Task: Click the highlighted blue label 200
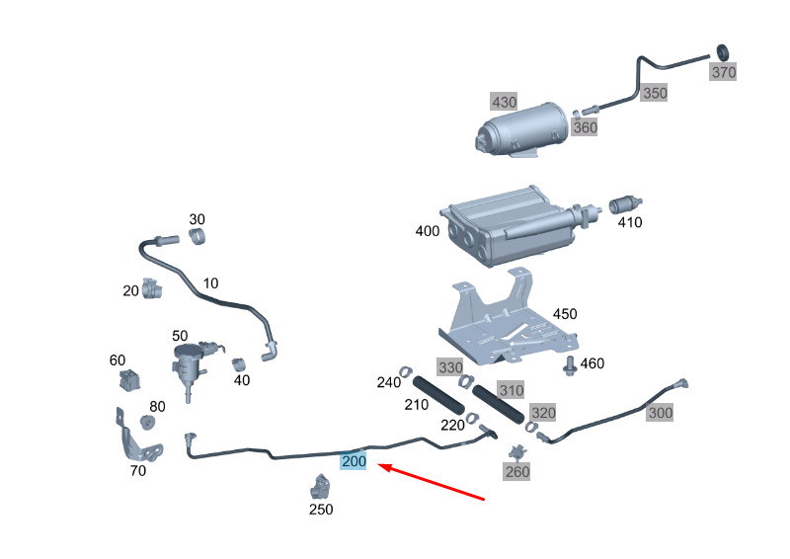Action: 354,461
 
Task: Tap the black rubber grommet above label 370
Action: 721,51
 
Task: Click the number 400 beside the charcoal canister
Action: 428,231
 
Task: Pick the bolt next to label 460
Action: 569,366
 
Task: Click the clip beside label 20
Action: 151,288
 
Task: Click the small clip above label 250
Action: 320,487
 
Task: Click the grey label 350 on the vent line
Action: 654,93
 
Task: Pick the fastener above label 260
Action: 515,452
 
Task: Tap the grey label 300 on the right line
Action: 660,413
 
